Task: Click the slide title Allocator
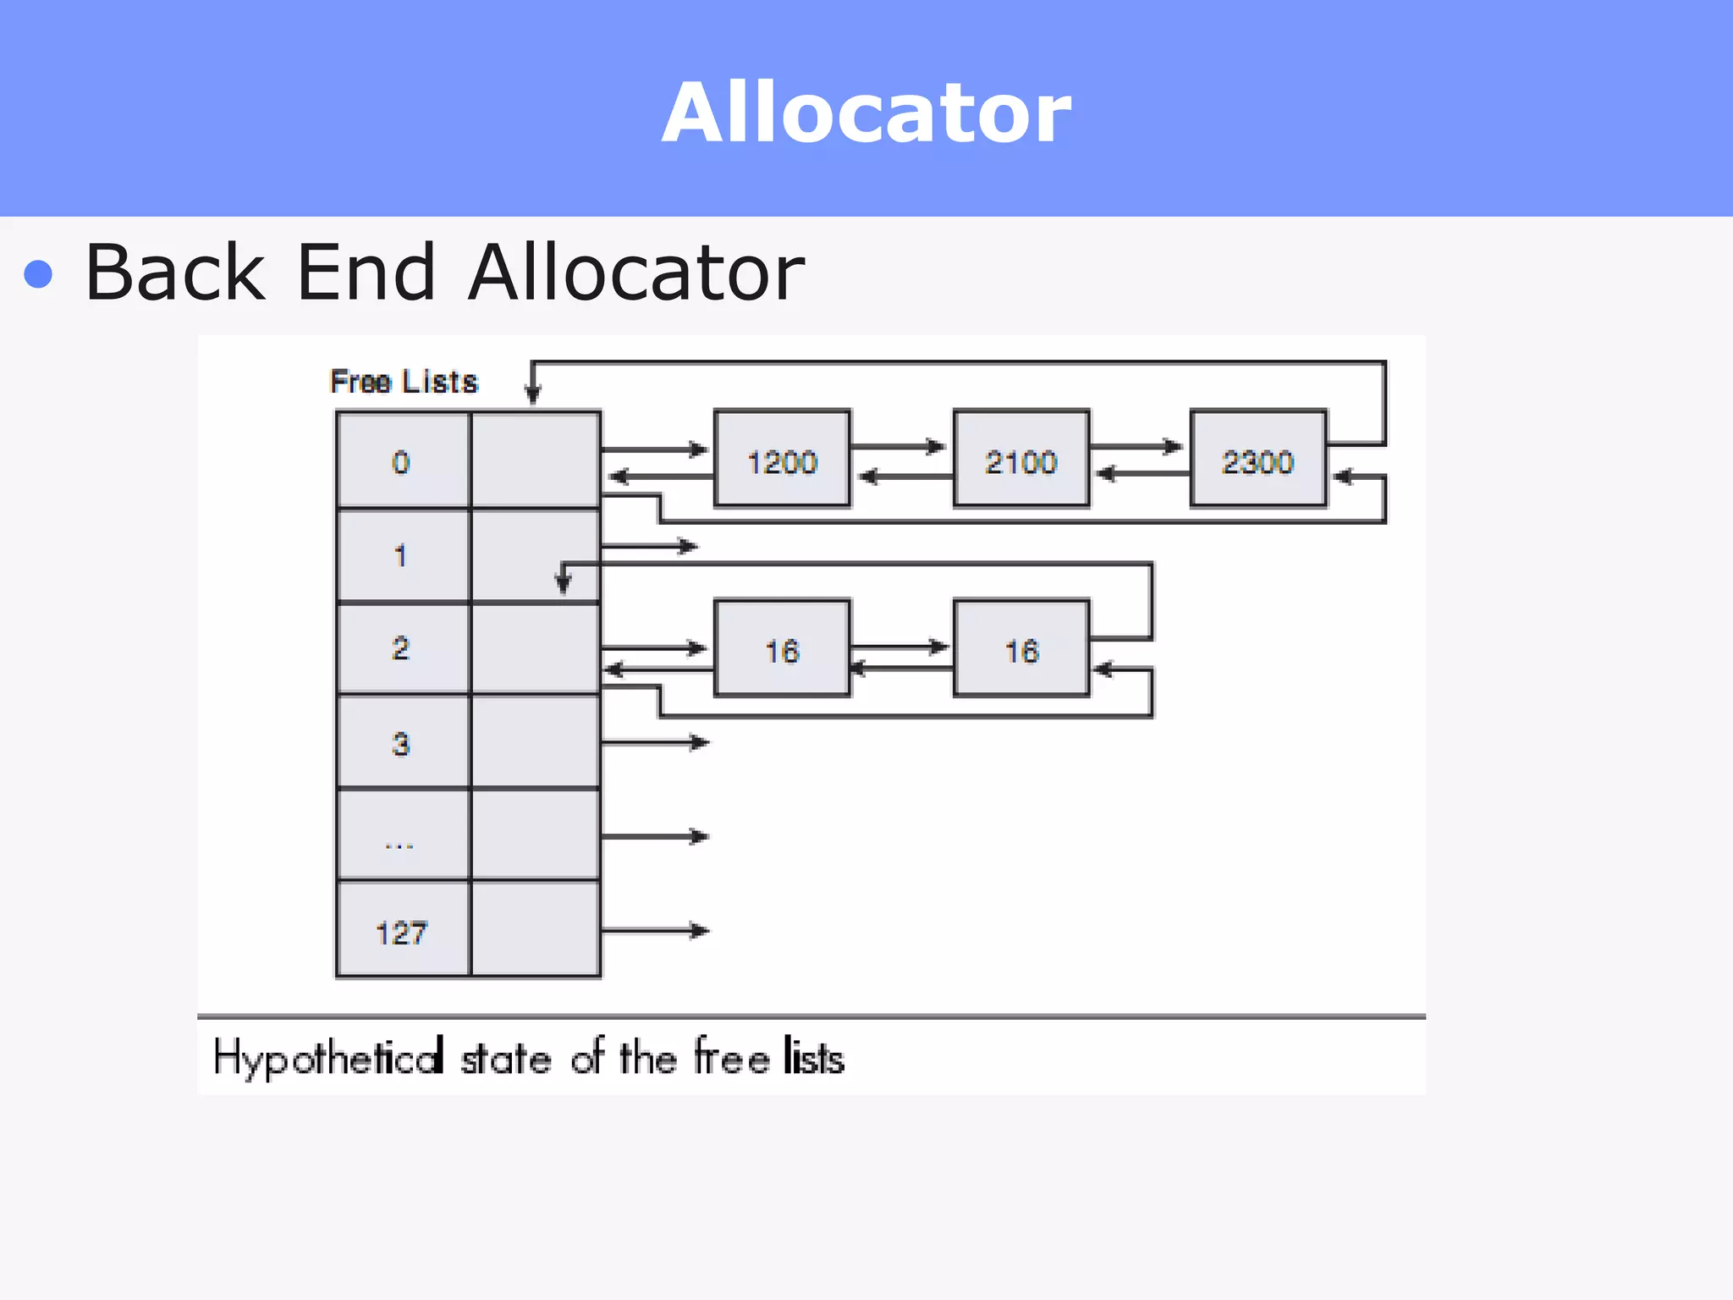coord(866,113)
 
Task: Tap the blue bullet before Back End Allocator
coord(39,274)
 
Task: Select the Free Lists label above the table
coord(404,382)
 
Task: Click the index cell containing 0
coord(402,461)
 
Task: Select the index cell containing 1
coord(402,556)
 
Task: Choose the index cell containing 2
coord(402,649)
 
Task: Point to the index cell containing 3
coord(402,743)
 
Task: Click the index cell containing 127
coord(402,931)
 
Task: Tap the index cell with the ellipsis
coord(402,837)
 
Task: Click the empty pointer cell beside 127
coord(535,929)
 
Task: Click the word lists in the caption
coord(813,1058)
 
